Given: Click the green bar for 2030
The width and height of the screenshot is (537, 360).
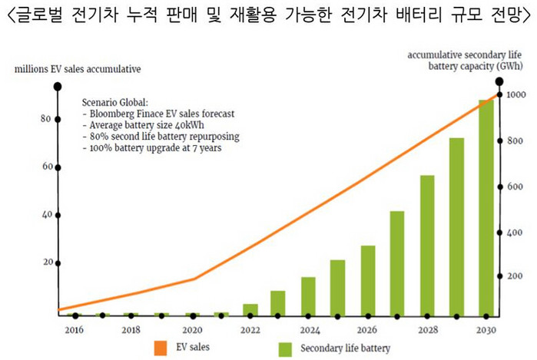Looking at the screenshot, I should (486, 207).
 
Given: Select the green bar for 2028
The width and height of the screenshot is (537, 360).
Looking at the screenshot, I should (427, 246).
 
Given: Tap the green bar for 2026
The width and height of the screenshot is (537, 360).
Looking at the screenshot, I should (367, 280).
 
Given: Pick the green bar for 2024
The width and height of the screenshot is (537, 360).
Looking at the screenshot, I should (307, 296).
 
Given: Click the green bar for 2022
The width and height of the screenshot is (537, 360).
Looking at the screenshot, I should (250, 309).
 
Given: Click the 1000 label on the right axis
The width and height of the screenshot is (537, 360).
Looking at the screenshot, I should (515, 94).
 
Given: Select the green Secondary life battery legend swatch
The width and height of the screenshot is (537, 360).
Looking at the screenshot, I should (286, 348).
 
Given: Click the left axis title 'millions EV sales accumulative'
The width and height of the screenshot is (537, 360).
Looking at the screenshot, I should (77, 70).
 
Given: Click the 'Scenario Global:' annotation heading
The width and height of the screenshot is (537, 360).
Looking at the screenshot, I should (119, 103).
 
